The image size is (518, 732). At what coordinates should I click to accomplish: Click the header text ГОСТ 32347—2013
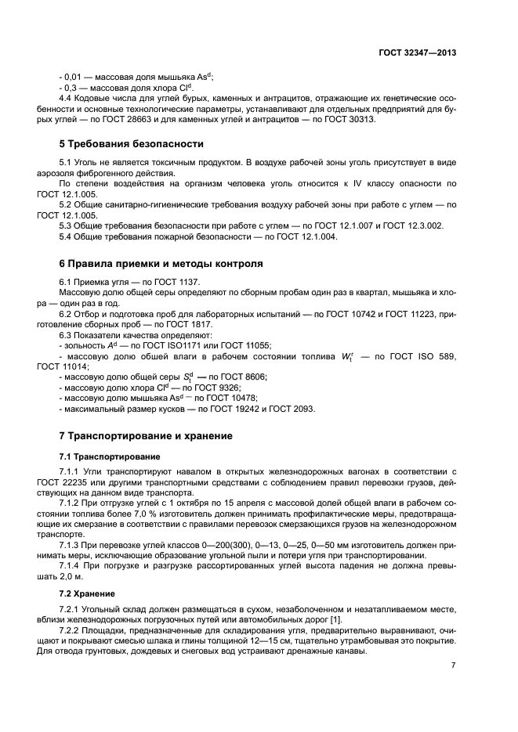418,52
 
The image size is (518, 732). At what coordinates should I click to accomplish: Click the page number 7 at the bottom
453,665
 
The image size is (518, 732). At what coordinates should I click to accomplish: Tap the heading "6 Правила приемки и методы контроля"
161,264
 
